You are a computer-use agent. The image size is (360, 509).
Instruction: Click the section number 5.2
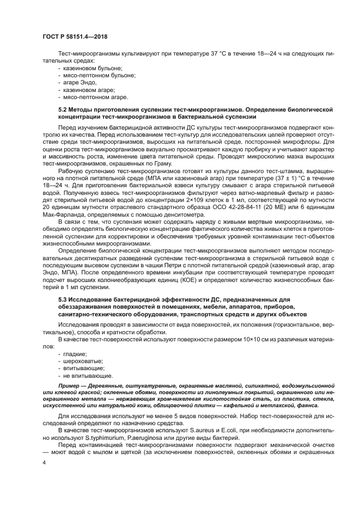point(63,110)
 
